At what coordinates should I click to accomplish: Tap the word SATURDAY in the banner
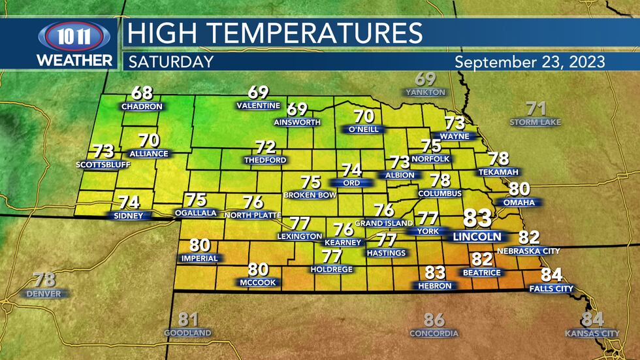(170, 62)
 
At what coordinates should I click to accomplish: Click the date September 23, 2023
(530, 62)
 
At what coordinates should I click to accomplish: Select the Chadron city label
(142, 106)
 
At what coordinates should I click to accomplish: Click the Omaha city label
(519, 203)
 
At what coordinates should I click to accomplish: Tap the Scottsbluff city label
(103, 164)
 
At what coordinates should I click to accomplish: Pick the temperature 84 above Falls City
(552, 275)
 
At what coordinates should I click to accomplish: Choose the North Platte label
(252, 215)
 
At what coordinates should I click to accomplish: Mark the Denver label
(44, 294)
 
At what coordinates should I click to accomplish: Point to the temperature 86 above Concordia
(434, 320)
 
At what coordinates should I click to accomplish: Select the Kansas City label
(592, 334)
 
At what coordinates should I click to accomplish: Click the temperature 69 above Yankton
(425, 80)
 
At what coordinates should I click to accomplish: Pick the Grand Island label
(383, 223)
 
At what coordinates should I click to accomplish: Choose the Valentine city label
(259, 106)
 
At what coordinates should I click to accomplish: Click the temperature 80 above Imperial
(200, 246)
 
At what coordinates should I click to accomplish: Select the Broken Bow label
(310, 195)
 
